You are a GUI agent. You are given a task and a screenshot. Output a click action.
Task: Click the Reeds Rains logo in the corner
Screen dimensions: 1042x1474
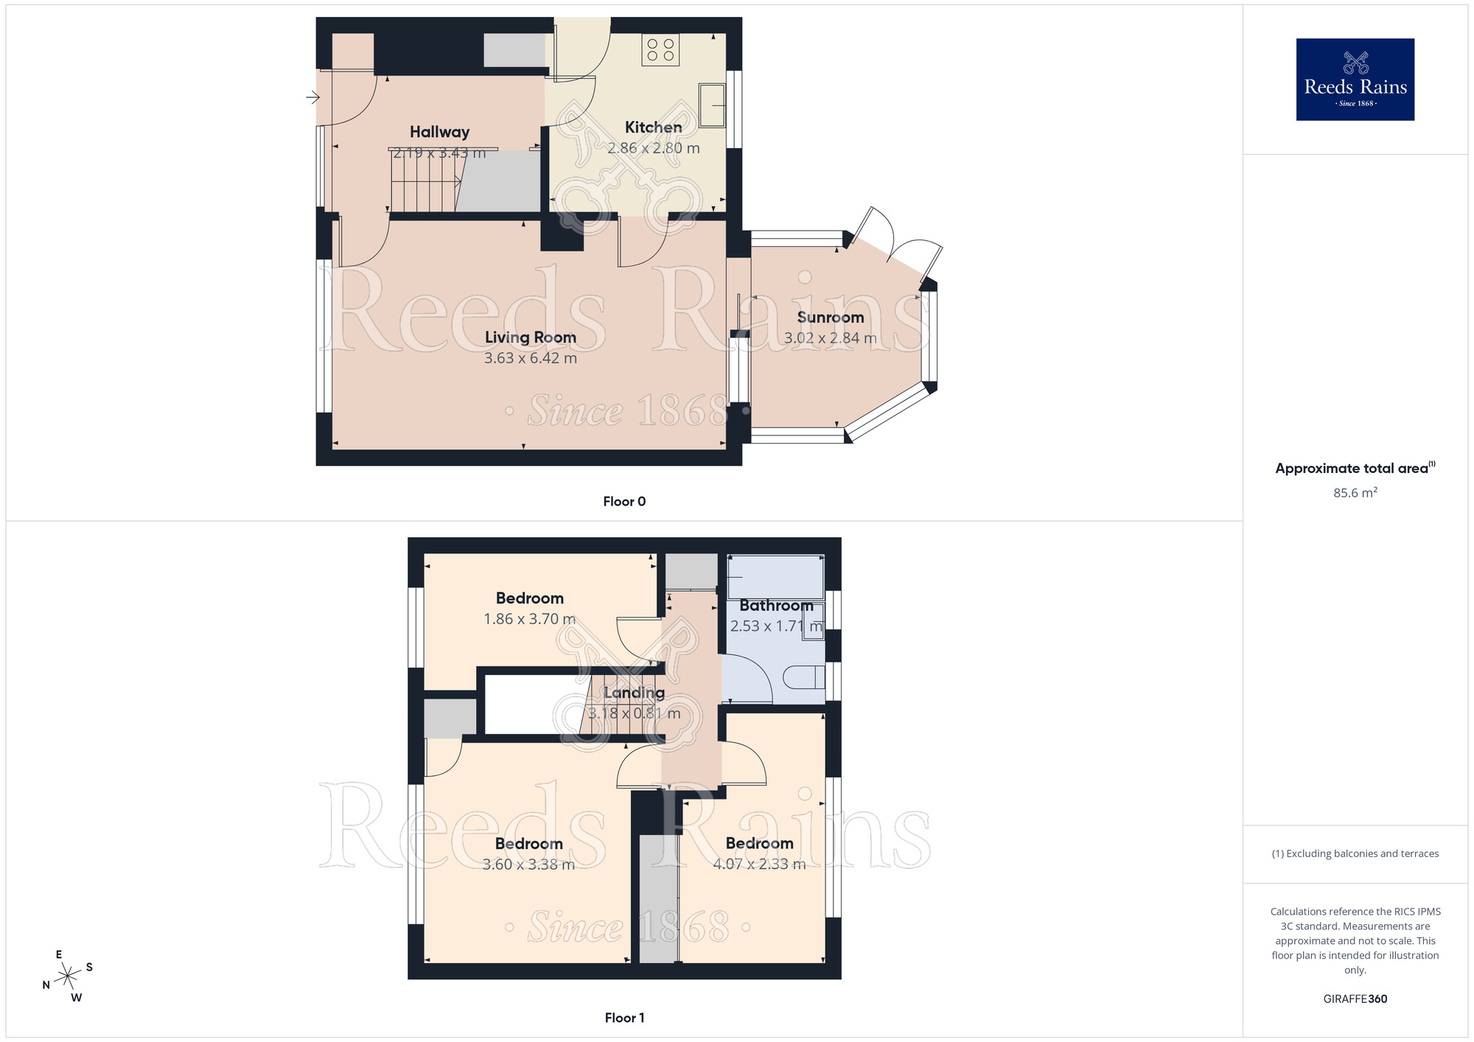pyautogui.click(x=1355, y=80)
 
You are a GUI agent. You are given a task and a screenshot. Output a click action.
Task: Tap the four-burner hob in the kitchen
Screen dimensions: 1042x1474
pyautogui.click(x=660, y=50)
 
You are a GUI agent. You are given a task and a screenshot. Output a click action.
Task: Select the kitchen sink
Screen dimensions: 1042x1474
pyautogui.click(x=712, y=105)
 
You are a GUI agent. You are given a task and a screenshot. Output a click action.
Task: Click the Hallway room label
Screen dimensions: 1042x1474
pyautogui.click(x=439, y=132)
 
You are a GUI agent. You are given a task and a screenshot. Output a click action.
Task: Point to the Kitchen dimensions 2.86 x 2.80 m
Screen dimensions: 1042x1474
pyautogui.click(x=653, y=148)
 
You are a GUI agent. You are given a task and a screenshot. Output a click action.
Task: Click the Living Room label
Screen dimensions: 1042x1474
pyautogui.click(x=530, y=338)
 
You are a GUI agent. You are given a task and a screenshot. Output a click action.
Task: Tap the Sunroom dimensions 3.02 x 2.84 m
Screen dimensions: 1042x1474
pyautogui.click(x=830, y=338)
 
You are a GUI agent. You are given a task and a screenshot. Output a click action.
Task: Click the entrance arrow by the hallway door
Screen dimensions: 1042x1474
pyautogui.click(x=313, y=97)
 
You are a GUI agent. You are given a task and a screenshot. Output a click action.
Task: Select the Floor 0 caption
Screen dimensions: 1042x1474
pyautogui.click(x=624, y=502)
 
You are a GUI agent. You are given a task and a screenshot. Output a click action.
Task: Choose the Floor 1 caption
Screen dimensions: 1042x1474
pyautogui.click(x=624, y=1018)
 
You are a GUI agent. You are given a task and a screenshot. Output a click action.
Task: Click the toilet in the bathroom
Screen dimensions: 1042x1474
pyautogui.click(x=804, y=677)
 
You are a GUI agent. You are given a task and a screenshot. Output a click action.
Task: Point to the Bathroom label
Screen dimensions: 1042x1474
pyautogui.click(x=776, y=606)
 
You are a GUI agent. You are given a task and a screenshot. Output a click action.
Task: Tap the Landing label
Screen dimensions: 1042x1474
pyautogui.click(x=634, y=693)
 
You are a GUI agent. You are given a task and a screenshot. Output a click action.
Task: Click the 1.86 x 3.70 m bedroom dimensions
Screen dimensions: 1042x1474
pyautogui.click(x=529, y=620)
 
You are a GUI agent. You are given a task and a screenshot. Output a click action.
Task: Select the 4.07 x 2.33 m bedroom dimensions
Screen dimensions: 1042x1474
pyautogui.click(x=759, y=864)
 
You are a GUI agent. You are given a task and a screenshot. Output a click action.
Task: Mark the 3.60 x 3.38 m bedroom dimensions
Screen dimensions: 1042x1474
pyautogui.click(x=528, y=864)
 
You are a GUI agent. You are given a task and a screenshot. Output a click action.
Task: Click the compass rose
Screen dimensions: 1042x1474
pyautogui.click(x=68, y=976)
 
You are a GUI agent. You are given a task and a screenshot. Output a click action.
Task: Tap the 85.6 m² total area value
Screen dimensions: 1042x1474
pyautogui.click(x=1355, y=493)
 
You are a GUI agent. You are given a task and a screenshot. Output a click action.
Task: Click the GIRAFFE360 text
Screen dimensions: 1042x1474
pyautogui.click(x=1355, y=999)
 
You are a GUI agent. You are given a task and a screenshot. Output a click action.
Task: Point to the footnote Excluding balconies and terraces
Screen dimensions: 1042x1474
pyautogui.click(x=1355, y=854)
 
